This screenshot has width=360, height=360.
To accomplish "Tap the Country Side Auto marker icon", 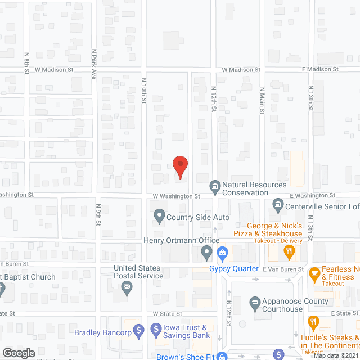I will click(159, 215).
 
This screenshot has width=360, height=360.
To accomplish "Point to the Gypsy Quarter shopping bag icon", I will click(223, 253).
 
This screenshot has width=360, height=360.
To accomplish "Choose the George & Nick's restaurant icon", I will click(290, 253).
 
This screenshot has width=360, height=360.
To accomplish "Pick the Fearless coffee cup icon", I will click(314, 274).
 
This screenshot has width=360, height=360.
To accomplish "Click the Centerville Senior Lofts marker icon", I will click(277, 204).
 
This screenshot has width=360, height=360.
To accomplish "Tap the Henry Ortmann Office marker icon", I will click(207, 253).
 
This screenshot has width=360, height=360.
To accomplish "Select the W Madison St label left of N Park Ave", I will click(55, 70).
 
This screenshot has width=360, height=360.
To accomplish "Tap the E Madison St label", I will click(319, 69).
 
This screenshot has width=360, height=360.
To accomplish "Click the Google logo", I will click(19, 353).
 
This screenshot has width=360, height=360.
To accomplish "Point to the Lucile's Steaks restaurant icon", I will click(313, 322).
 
